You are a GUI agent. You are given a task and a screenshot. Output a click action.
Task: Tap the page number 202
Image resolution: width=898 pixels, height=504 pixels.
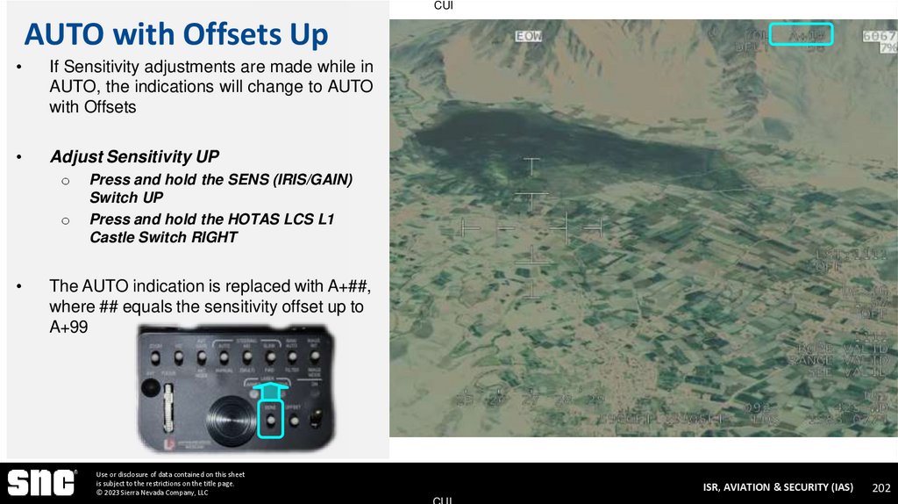tap(881, 487)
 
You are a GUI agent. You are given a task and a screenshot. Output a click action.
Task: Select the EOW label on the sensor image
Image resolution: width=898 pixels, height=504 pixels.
tap(528, 36)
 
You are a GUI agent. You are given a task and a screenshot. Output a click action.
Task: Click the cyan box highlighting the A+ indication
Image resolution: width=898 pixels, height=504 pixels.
tap(801, 34)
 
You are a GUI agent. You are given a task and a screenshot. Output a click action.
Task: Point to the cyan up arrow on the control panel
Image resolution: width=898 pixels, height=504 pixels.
tap(271, 389)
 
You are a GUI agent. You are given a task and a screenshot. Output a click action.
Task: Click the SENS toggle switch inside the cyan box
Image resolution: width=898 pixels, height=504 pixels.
tap(271, 421)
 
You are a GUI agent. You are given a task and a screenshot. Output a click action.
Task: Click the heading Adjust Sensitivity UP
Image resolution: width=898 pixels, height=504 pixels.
tap(134, 157)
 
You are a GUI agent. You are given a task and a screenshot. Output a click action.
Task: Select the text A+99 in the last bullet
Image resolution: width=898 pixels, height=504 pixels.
tap(69, 325)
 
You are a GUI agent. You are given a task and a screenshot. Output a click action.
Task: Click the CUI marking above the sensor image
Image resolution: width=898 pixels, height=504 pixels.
tap(444, 6)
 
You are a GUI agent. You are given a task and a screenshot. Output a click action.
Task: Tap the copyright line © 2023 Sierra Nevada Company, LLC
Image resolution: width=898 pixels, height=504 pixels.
tap(152, 493)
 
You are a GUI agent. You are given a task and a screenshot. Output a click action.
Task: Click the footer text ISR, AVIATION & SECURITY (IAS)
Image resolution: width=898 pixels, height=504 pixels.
tap(778, 487)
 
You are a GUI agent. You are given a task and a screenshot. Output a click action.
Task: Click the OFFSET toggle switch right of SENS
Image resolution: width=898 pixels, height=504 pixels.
tap(294, 420)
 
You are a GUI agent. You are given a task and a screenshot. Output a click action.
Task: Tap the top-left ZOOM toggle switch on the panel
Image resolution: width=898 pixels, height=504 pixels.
tap(154, 357)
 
